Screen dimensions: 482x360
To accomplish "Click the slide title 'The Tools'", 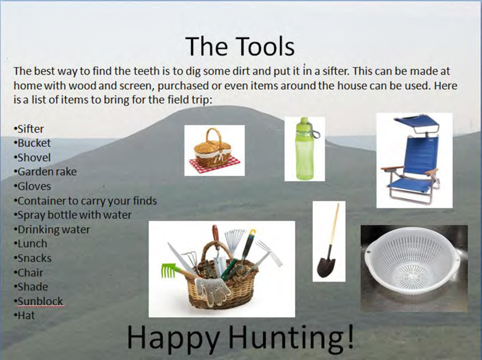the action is coord(240,46).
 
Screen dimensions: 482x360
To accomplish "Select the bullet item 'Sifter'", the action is coord(29,129).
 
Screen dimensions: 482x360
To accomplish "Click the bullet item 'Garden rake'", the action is coord(45,172).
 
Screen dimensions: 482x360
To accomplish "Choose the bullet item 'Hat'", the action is coord(25,315).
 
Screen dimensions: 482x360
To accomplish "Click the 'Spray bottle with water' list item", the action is coord(73,215).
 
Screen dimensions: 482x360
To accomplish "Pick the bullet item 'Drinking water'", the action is coord(52,229).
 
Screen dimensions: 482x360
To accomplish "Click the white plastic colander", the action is coord(412,261).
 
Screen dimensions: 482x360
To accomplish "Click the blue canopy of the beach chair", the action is coord(417,122).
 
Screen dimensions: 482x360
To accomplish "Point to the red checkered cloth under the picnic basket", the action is coord(215,164).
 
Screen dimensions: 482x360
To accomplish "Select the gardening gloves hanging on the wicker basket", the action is coord(213,291).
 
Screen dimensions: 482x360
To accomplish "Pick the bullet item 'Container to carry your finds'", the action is coord(86,200).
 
